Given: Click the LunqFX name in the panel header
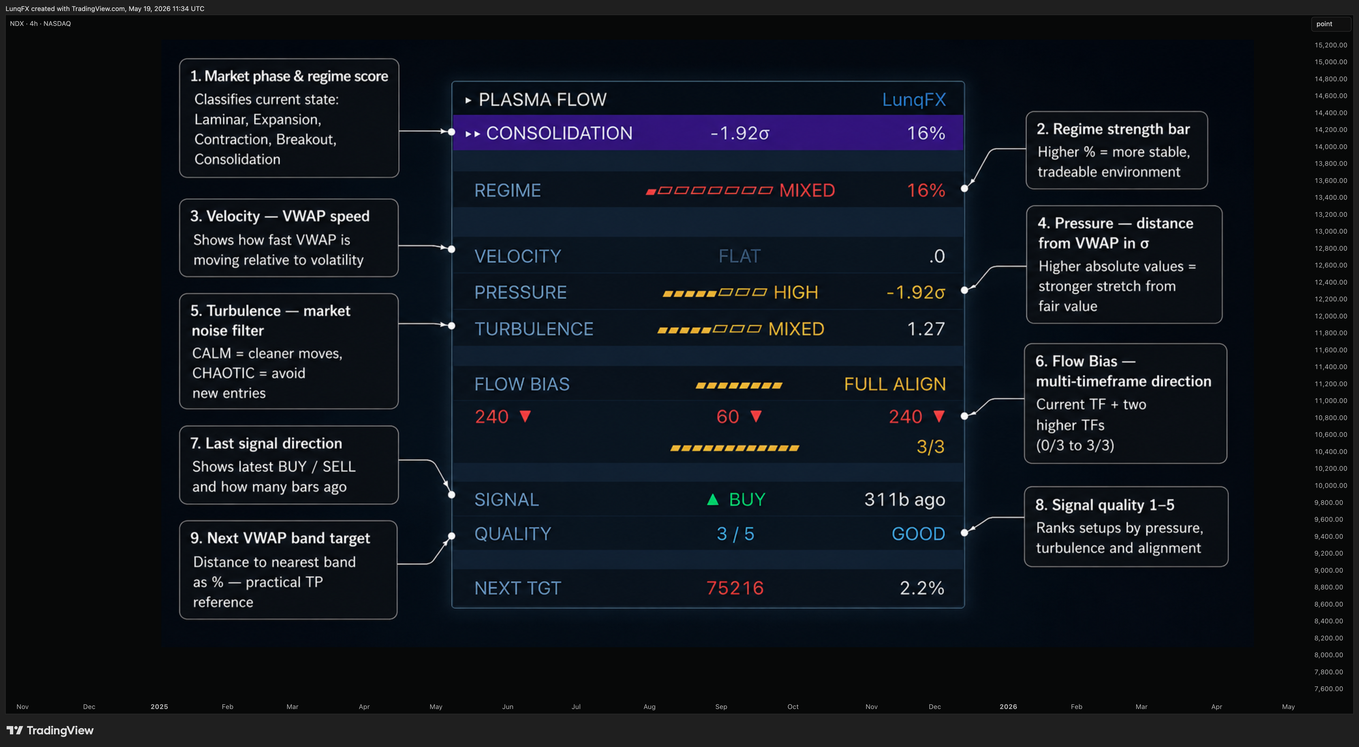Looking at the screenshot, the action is tap(914, 100).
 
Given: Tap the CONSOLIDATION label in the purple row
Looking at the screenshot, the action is tap(559, 133).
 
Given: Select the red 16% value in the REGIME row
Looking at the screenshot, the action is tap(926, 190).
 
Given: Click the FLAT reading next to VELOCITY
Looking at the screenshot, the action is tap(740, 256).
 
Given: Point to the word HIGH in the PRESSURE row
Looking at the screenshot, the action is tap(796, 292).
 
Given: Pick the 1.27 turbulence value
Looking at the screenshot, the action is tap(926, 329).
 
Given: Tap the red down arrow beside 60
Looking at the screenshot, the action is tap(756, 416).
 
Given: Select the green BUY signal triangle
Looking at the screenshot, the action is tap(713, 499).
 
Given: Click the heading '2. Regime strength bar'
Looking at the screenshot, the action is tap(1113, 129).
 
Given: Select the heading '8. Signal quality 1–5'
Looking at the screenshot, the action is tap(1105, 505).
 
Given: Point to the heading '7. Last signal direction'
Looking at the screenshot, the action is tap(266, 443).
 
